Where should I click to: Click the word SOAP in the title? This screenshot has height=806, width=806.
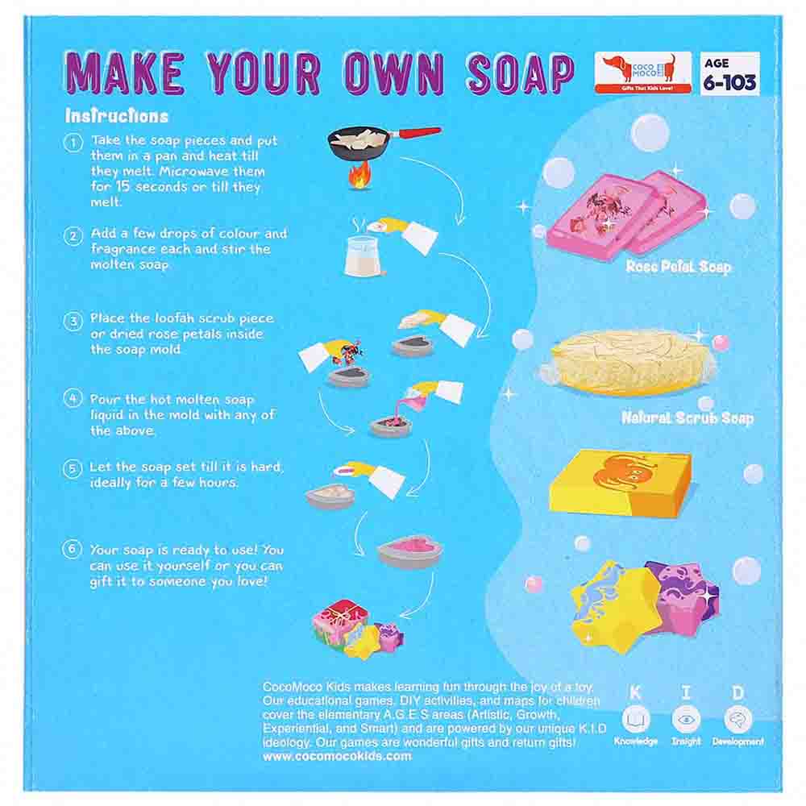point(520,73)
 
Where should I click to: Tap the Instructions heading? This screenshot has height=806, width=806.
point(117,116)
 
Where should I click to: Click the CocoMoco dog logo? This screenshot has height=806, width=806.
point(642,73)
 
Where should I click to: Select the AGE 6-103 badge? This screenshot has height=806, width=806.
point(730,73)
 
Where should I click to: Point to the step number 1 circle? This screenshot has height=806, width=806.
point(73,143)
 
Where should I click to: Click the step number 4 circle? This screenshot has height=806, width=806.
point(73,398)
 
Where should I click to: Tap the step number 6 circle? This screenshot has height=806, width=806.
point(72,549)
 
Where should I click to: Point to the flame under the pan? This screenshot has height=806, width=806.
point(359,175)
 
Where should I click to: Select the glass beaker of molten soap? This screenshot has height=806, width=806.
point(364,256)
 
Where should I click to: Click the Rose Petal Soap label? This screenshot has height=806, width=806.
point(678,266)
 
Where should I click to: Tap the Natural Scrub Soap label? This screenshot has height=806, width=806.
point(688,418)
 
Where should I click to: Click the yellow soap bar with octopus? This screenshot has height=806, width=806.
point(620,483)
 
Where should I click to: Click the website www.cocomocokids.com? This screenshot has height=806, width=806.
point(337,756)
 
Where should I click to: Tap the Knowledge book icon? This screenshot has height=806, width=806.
point(636,719)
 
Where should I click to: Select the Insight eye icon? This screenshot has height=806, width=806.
point(686,719)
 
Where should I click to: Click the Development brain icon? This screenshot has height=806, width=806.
point(737,719)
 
